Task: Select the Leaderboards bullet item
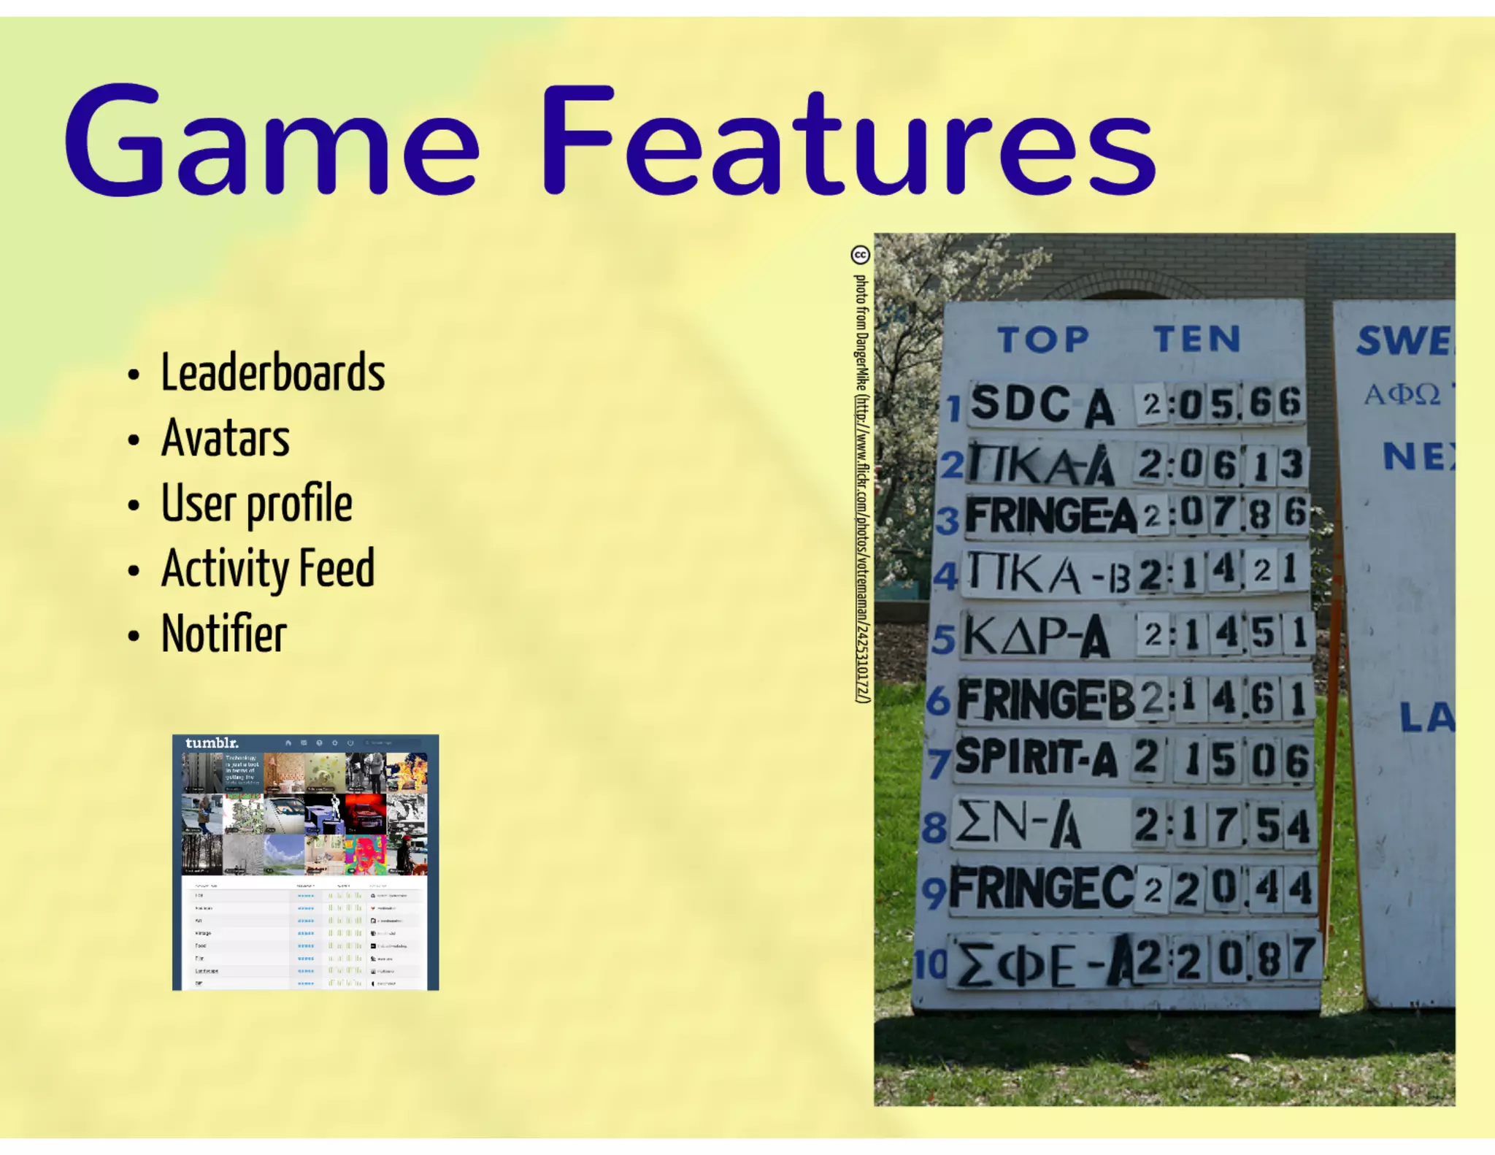click(x=272, y=372)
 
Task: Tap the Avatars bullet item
click(x=225, y=438)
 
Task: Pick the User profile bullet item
click(x=256, y=504)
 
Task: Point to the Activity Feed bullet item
click(x=268, y=569)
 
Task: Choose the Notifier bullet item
click(x=223, y=634)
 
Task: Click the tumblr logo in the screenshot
click(x=212, y=743)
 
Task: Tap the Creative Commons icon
click(x=861, y=255)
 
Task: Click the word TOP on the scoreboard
click(x=1044, y=340)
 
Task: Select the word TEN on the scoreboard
click(x=1197, y=339)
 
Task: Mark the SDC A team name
click(x=1042, y=404)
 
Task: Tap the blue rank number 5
click(x=943, y=640)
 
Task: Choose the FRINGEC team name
click(x=1042, y=889)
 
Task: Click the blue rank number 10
click(x=930, y=964)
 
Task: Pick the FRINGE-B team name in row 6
click(x=1045, y=699)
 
